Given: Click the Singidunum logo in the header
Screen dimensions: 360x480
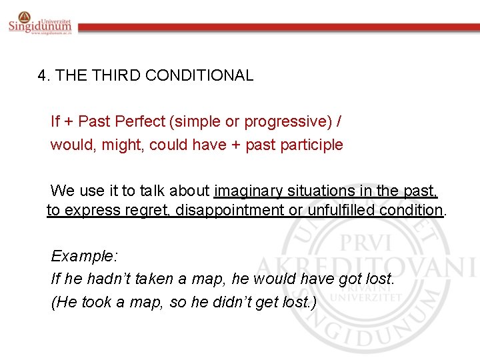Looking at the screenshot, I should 40,23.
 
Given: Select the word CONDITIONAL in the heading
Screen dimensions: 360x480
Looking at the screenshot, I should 199,75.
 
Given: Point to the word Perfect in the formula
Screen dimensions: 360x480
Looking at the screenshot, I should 139,122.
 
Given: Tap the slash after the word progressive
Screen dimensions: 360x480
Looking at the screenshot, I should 341,122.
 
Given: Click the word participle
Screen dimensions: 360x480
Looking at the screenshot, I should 311,145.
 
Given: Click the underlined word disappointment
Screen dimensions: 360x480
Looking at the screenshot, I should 233,211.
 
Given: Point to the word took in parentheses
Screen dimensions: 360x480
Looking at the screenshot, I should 100,302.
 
